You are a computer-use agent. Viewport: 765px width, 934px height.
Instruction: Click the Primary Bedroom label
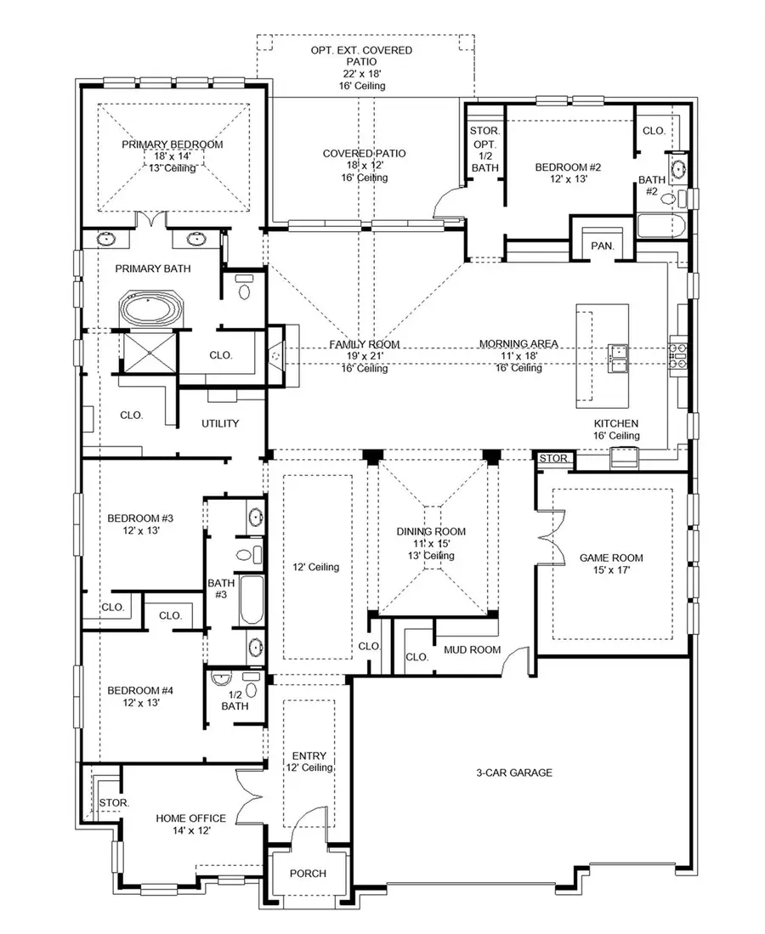(172, 144)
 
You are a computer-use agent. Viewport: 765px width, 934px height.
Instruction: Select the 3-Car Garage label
(514, 773)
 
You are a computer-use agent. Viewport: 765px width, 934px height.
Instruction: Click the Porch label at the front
(308, 873)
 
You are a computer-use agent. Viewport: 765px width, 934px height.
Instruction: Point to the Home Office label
(190, 818)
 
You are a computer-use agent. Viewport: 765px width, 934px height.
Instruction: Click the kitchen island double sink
(617, 358)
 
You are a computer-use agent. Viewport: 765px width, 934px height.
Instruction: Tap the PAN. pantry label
(602, 246)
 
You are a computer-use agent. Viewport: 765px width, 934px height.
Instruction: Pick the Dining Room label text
(431, 532)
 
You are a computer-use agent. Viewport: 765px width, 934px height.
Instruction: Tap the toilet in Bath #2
(669, 199)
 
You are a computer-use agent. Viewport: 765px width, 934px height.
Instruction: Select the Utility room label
(220, 423)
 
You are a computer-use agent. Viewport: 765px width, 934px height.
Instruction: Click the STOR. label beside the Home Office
(113, 801)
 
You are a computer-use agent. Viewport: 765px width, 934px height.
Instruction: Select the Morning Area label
(518, 343)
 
